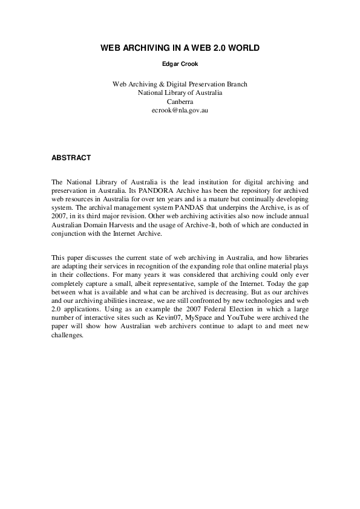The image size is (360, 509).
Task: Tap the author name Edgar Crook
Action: (x=180, y=63)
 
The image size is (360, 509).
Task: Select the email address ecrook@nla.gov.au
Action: (x=180, y=111)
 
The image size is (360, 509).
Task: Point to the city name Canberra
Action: (x=180, y=102)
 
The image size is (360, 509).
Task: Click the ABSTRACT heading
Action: (x=71, y=158)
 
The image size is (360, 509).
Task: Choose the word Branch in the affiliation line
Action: (x=236, y=84)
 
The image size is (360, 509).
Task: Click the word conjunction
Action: (x=71, y=233)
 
